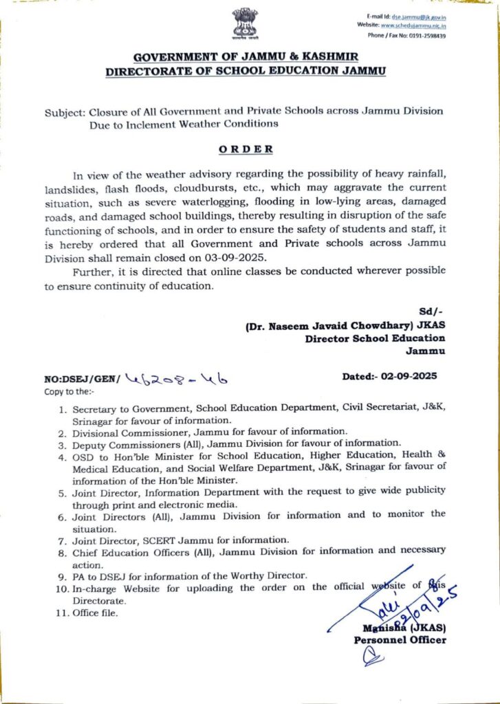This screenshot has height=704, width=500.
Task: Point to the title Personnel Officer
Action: click(x=400, y=640)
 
